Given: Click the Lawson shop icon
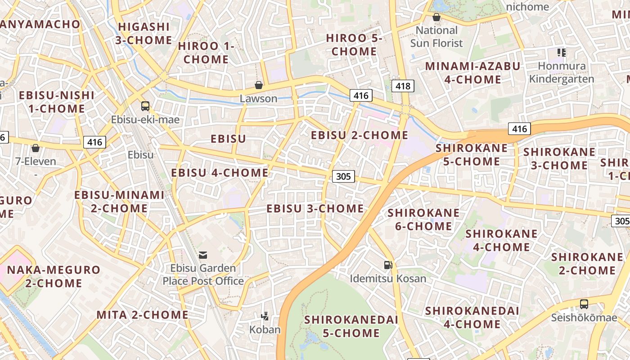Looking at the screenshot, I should (259, 85).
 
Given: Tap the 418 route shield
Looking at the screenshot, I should (403, 86).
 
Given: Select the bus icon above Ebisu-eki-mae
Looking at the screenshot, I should (145, 106).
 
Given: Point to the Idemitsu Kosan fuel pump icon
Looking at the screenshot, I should (388, 265).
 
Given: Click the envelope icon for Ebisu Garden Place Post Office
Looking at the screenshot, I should (203, 255).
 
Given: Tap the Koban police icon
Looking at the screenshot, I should (265, 316).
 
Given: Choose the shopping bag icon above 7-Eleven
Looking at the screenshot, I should (36, 148).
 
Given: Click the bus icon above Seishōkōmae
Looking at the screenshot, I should (584, 304).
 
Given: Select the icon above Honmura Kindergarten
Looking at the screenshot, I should (561, 53).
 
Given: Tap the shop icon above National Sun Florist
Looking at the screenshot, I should (436, 17).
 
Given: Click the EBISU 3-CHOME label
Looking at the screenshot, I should (315, 209).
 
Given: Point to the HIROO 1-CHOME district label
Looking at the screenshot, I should (206, 53).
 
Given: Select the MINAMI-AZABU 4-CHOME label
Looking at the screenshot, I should (472, 73).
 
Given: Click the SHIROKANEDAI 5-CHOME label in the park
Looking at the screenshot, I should (351, 326).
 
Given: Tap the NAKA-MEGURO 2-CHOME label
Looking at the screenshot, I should (54, 276).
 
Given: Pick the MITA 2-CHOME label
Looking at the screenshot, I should (142, 315).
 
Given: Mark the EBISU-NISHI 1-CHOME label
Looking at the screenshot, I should (56, 102).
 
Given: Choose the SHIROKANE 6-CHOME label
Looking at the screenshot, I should (423, 219).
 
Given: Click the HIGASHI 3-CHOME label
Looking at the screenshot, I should (144, 33).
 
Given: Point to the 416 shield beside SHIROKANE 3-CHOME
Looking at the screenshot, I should (519, 129).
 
